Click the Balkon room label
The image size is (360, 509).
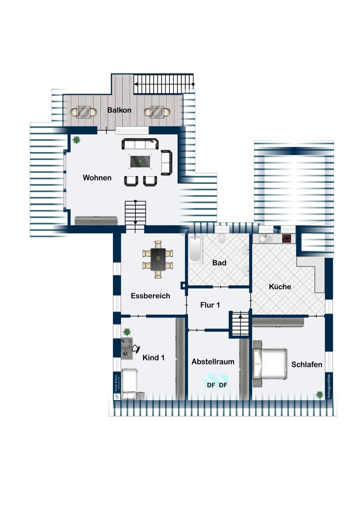[x=119, y=110]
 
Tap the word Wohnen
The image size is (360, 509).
[x=97, y=178]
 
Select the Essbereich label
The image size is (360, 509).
[x=150, y=296]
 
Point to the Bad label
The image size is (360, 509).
[x=219, y=263]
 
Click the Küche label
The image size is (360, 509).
[x=280, y=286]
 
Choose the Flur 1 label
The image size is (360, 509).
[x=210, y=305]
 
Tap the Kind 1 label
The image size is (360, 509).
[x=153, y=358]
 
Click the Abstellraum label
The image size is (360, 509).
[x=213, y=361]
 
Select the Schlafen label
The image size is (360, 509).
[x=307, y=364]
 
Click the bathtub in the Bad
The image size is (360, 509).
[x=195, y=249]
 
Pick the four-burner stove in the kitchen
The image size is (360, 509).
[x=287, y=238]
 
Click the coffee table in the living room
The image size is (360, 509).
[x=140, y=162]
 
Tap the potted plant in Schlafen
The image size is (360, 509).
[x=319, y=395]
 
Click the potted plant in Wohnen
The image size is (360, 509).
[x=77, y=140]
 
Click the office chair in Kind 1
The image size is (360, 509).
[x=136, y=349]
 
